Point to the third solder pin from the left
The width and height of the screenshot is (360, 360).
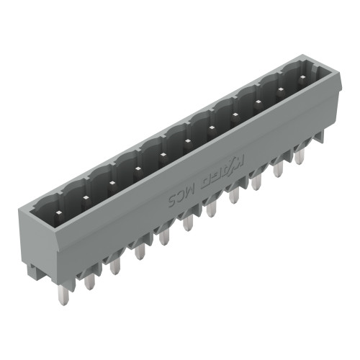pos(115,266)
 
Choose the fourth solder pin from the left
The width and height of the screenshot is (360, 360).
pos(140,251)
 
